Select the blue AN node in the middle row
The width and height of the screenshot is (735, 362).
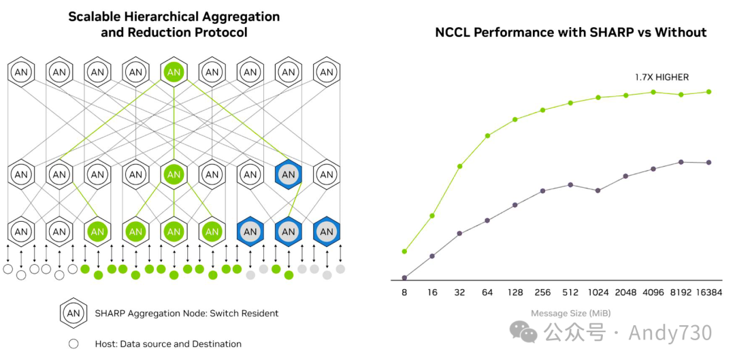(289, 175)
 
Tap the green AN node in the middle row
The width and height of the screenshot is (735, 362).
(174, 175)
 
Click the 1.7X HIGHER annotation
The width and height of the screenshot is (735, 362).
(661, 78)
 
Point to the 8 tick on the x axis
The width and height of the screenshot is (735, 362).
(404, 292)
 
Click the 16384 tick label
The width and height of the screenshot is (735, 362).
(708, 292)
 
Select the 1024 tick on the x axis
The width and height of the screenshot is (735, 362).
(598, 292)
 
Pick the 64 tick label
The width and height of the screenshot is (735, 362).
(487, 292)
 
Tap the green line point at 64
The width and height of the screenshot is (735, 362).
(487, 136)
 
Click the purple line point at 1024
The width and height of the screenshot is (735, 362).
(598, 191)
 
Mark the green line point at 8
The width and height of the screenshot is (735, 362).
(404, 251)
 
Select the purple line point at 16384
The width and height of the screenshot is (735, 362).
(709, 163)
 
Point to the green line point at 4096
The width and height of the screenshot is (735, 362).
(653, 92)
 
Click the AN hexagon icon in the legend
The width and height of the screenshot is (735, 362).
(73, 313)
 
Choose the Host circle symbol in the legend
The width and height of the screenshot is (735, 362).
(73, 344)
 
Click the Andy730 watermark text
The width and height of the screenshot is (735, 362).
(670, 333)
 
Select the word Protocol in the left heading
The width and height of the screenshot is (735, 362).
(223, 32)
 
